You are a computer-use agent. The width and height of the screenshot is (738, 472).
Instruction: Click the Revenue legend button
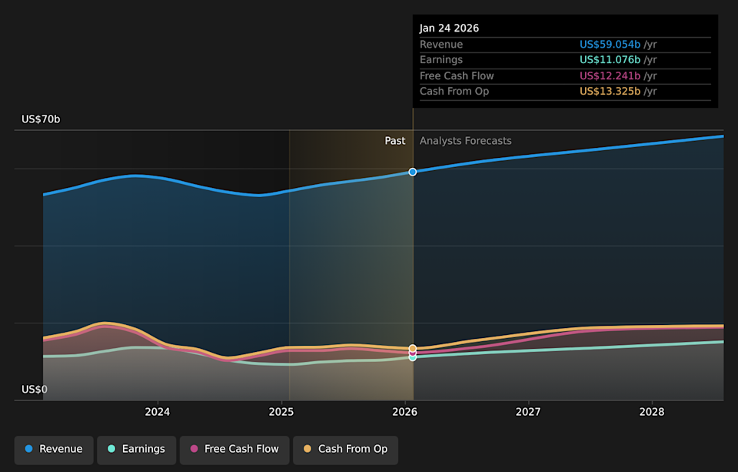pos(54,450)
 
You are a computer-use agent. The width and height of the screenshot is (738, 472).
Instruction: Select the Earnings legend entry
pos(136,450)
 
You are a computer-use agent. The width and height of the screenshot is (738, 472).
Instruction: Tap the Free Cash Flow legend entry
pos(234,450)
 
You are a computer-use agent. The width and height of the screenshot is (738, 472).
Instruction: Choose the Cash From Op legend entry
pos(345,450)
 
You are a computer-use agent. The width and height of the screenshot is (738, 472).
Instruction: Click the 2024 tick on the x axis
pos(157,412)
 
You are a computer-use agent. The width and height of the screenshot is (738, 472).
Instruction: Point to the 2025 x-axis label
pos(281,412)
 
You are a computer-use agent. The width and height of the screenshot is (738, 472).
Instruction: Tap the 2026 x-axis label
pos(404,412)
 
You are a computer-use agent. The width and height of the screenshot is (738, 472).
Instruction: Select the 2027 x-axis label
pos(528,412)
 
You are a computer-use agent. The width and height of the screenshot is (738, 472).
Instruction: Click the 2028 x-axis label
pos(652,412)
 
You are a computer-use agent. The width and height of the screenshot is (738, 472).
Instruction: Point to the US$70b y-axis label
pos(41,119)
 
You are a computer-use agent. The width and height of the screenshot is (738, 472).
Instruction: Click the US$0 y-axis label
pos(35,390)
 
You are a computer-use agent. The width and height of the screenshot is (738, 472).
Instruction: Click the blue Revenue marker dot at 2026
pos(413,172)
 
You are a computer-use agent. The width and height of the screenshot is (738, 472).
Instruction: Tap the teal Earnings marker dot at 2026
pos(413,357)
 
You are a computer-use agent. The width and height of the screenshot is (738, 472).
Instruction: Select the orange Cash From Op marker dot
pos(413,348)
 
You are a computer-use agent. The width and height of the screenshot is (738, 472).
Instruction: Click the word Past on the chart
pos(395,141)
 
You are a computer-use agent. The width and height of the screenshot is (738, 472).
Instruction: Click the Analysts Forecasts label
pos(465,141)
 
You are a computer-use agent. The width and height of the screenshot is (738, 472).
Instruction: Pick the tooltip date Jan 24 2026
pos(449,28)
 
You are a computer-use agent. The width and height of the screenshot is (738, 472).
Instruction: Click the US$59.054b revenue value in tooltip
pos(610,45)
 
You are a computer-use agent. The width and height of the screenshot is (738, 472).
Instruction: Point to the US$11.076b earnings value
pos(610,60)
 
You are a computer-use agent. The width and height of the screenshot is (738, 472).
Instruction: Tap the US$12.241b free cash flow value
pos(610,76)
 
